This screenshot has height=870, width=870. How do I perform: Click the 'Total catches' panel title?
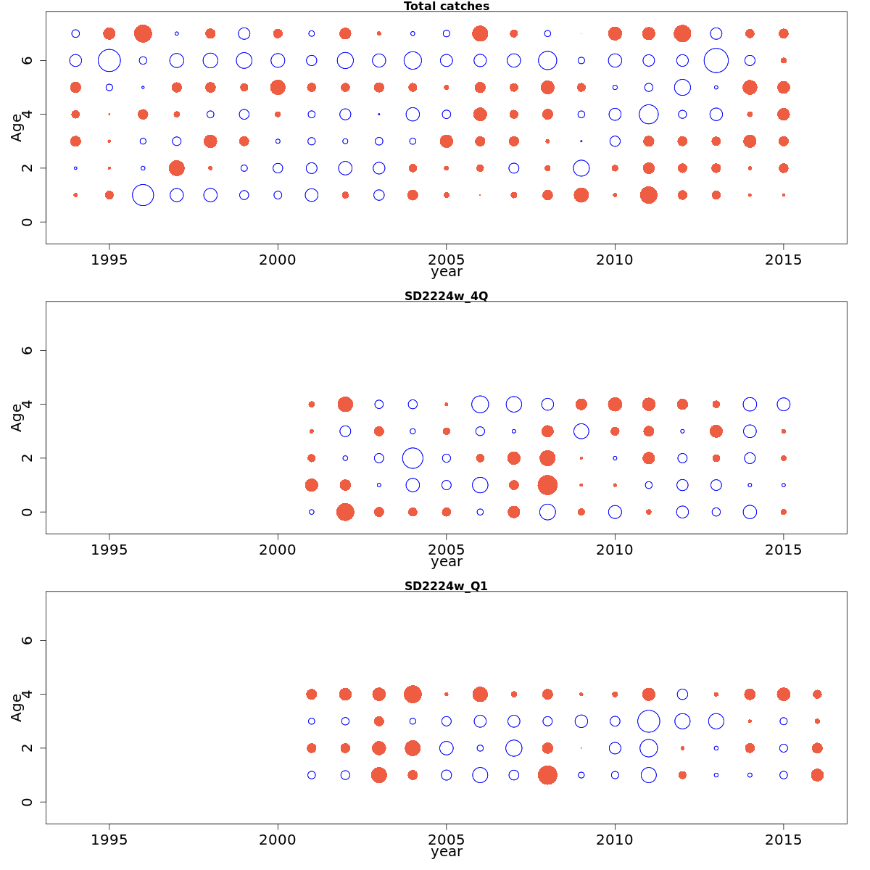(x=446, y=7)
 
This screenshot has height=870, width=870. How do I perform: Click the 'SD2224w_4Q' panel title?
(x=446, y=296)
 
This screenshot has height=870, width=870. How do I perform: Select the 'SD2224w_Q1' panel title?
(x=446, y=586)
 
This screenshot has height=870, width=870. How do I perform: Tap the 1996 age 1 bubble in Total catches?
(x=143, y=195)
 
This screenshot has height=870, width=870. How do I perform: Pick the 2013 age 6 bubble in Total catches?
(x=716, y=60)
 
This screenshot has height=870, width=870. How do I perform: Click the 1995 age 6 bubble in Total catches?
(x=109, y=60)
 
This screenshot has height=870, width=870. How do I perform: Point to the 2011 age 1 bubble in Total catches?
(x=648, y=195)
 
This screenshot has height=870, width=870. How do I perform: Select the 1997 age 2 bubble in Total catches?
(x=176, y=168)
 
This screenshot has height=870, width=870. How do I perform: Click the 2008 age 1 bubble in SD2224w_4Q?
(x=547, y=485)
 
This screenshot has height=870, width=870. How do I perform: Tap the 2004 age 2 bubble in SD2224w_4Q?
(x=413, y=458)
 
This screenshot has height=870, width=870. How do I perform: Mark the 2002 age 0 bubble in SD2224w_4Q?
(x=345, y=512)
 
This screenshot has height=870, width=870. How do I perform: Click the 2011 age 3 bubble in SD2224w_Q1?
(x=648, y=721)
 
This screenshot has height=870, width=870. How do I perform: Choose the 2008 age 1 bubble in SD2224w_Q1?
(x=547, y=775)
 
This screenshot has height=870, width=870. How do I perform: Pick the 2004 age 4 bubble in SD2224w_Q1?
(x=413, y=695)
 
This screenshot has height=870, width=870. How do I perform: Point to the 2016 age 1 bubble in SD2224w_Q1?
(x=817, y=775)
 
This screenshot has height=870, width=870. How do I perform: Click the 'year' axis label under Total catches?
(x=446, y=272)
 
